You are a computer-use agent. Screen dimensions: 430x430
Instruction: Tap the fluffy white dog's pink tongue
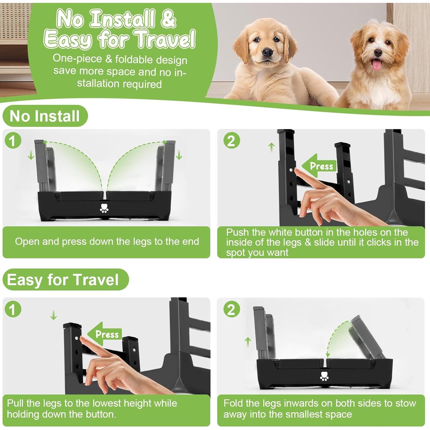point(377,65)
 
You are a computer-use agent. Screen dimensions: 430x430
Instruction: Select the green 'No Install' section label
point(45,116)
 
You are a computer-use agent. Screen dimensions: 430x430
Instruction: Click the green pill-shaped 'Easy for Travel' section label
point(65,279)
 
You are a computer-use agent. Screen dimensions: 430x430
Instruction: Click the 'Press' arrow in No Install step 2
point(319,166)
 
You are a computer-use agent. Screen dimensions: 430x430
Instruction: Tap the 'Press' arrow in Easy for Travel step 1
point(105,334)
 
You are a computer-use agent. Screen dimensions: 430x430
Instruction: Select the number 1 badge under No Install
point(13,140)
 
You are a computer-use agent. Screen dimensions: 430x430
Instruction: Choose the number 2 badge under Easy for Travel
point(231,310)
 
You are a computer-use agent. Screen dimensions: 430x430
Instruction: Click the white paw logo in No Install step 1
point(104,208)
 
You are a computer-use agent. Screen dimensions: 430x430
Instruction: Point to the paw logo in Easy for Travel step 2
point(325,376)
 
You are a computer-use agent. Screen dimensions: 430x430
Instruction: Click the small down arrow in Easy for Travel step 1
point(54,316)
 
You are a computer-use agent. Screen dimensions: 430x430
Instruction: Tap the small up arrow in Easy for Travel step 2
point(248,342)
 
